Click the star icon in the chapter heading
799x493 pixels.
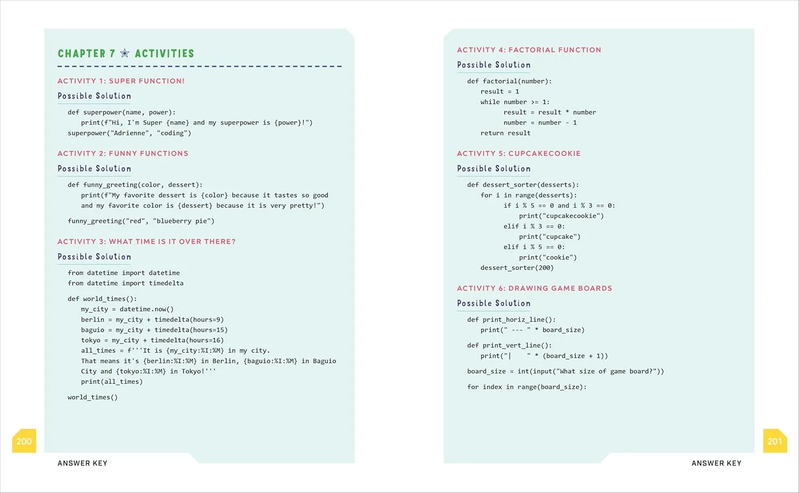[x=125, y=53]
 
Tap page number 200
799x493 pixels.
[x=24, y=441]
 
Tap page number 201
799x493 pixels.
[x=774, y=441]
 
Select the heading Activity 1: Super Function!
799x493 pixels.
[x=121, y=81]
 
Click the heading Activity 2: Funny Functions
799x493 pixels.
[x=123, y=153]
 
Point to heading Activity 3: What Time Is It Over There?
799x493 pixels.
[x=146, y=241]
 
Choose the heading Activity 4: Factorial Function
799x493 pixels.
[x=529, y=50]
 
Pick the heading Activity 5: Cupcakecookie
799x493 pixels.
[x=519, y=153]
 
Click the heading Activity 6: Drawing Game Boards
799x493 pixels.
[x=534, y=288]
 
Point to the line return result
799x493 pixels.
[x=505, y=133]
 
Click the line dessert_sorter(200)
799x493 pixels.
[x=517, y=268]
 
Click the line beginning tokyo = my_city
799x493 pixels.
[x=152, y=340]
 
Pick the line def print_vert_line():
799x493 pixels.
[x=509, y=345]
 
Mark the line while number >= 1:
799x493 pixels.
[x=515, y=102]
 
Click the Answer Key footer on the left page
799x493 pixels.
[x=83, y=463]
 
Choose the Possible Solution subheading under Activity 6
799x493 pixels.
[x=494, y=303]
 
